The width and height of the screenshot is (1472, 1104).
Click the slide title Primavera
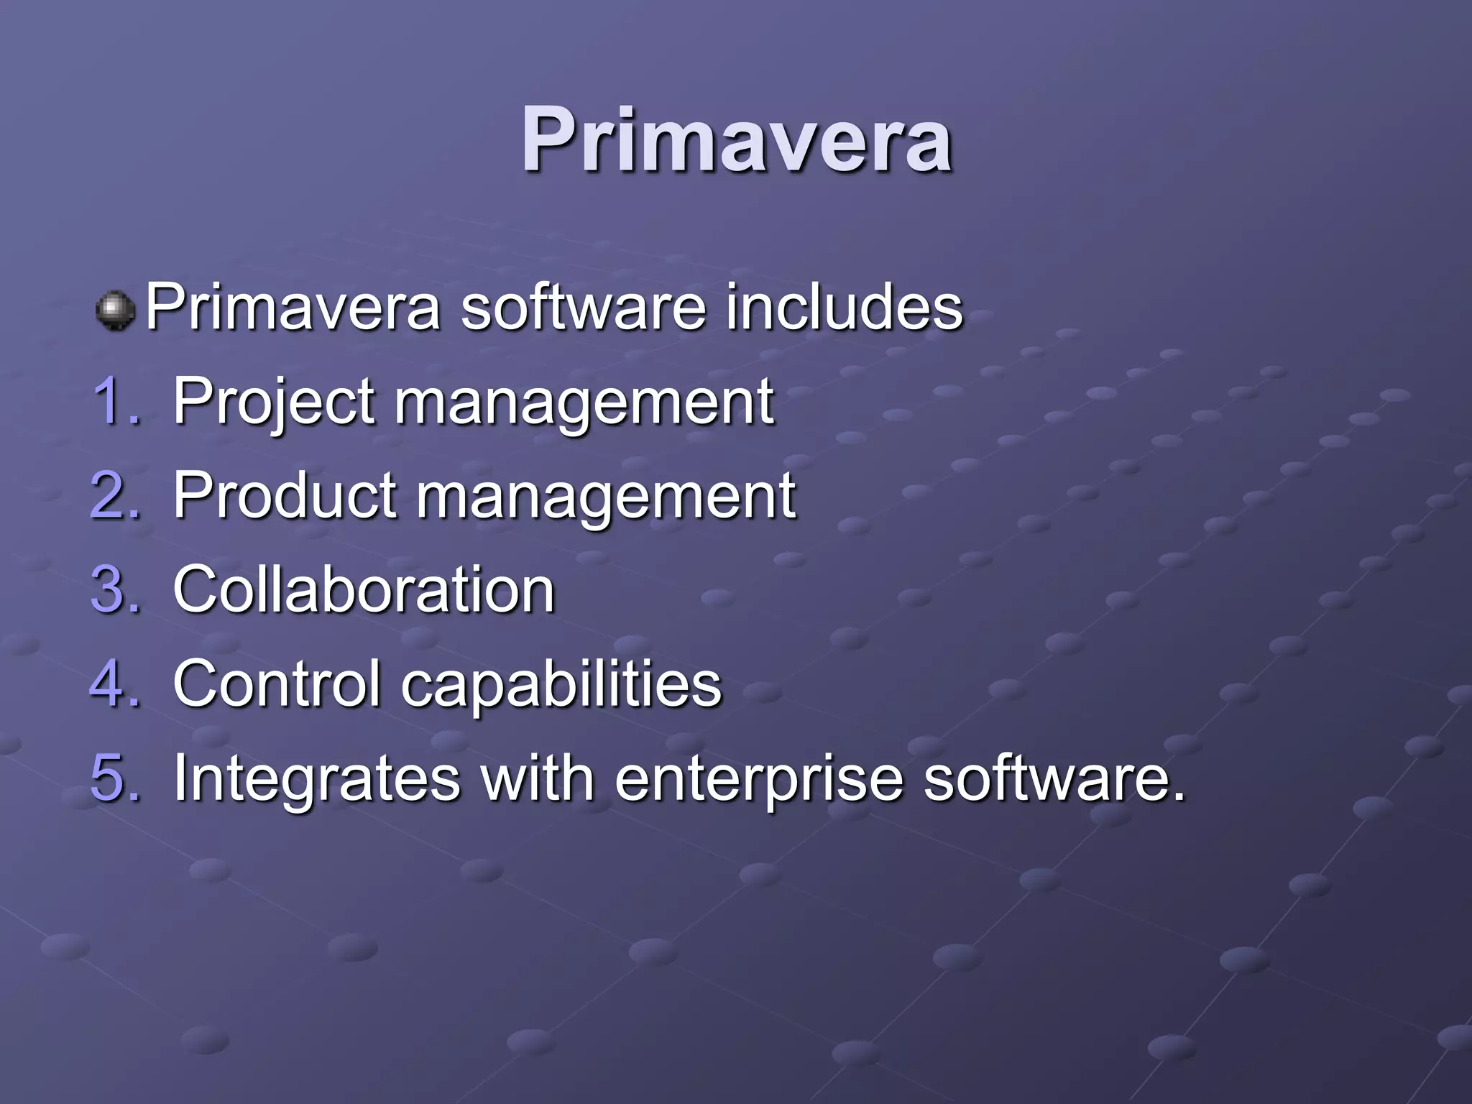click(x=736, y=140)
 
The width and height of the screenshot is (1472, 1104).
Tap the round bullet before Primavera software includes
click(x=115, y=310)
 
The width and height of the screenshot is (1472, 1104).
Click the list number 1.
click(x=115, y=401)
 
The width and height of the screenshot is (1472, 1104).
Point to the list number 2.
click(x=115, y=495)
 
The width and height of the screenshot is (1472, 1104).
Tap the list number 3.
click(x=115, y=589)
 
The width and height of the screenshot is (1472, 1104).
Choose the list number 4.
click(x=115, y=683)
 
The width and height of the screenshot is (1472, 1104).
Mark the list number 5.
click(x=115, y=778)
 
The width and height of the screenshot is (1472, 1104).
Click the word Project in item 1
click(x=273, y=402)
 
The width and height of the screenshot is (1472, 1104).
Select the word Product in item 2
click(x=285, y=495)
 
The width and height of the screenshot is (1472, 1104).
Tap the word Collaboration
click(x=364, y=589)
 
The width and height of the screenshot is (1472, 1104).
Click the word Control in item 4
click(x=276, y=683)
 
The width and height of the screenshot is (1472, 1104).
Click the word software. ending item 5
click(x=1053, y=778)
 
